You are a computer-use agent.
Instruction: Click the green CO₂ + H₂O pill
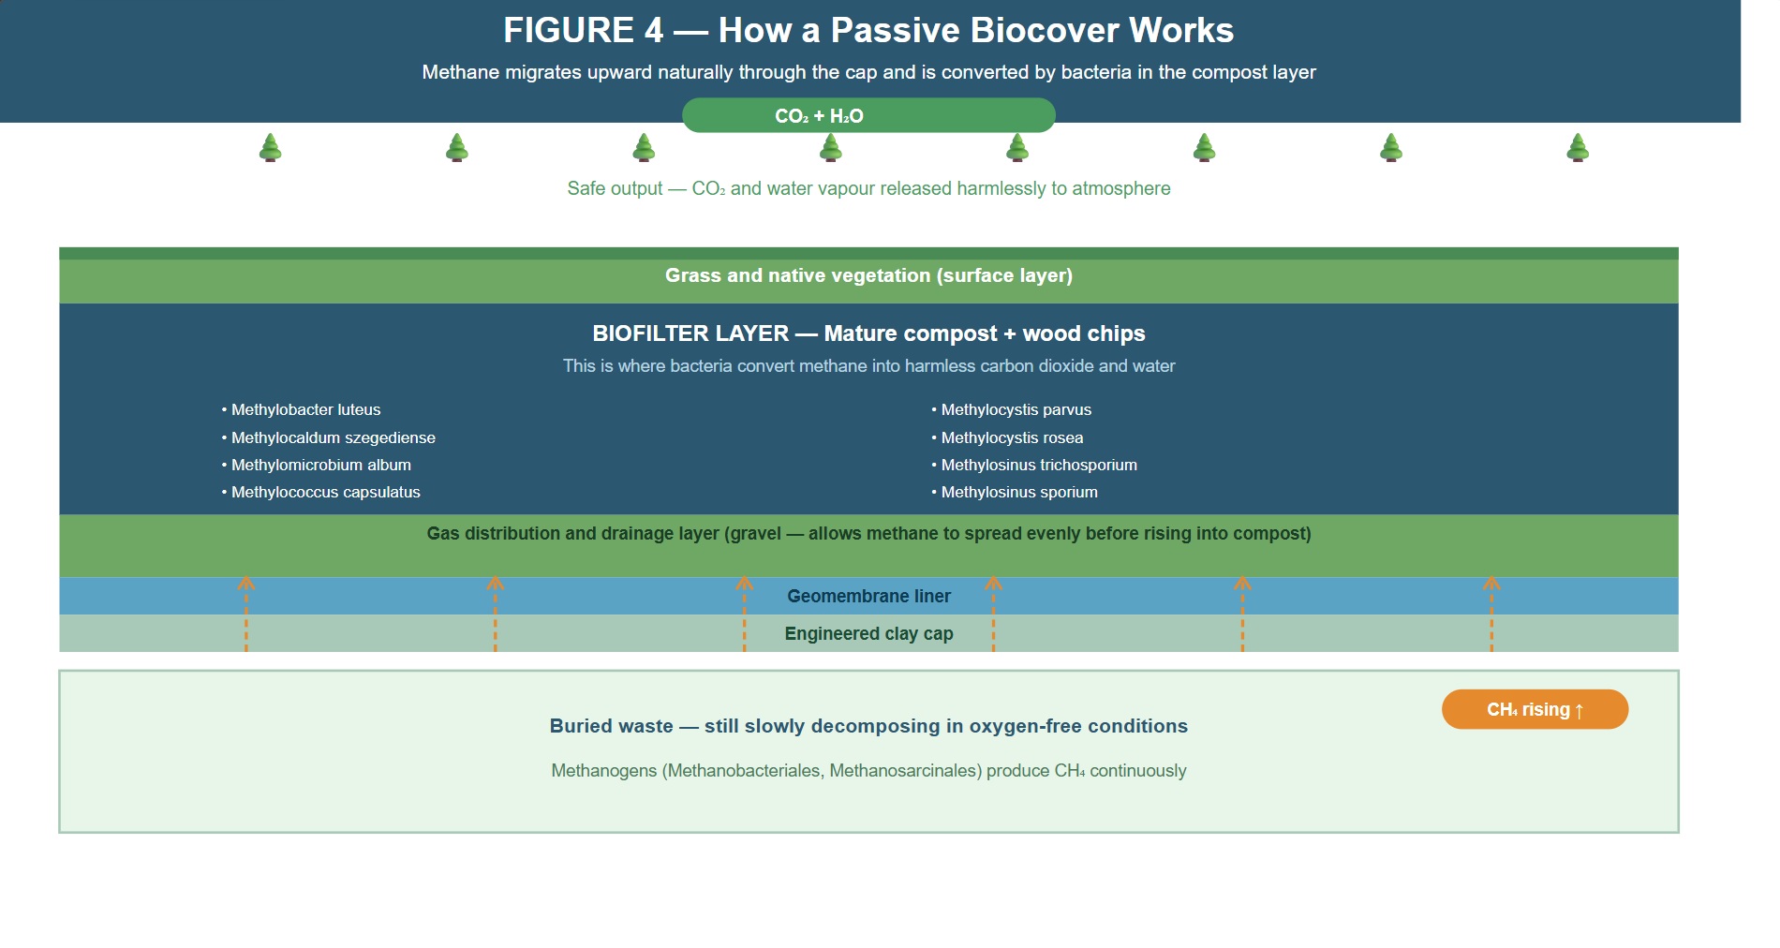tap(868, 115)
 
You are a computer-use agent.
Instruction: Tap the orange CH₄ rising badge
tap(1535, 709)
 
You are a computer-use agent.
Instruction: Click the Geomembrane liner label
tap(868, 596)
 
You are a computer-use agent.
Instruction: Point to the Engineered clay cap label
tap(868, 633)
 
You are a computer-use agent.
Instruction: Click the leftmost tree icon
tap(271, 148)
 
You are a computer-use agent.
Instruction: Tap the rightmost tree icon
tap(1578, 148)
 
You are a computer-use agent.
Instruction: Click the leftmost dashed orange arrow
tap(246, 614)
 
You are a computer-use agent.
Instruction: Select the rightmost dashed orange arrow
tap(1491, 614)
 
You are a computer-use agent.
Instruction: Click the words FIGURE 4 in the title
tap(583, 30)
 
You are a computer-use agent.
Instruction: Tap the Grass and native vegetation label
tap(868, 275)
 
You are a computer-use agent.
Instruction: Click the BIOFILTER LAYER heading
tap(690, 333)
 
